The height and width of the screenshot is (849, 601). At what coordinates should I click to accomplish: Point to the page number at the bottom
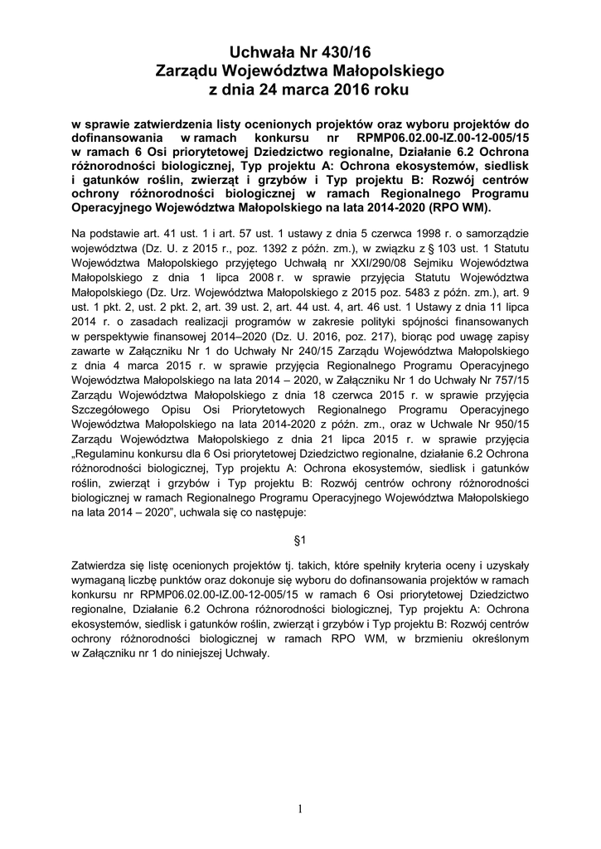click(300, 808)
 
